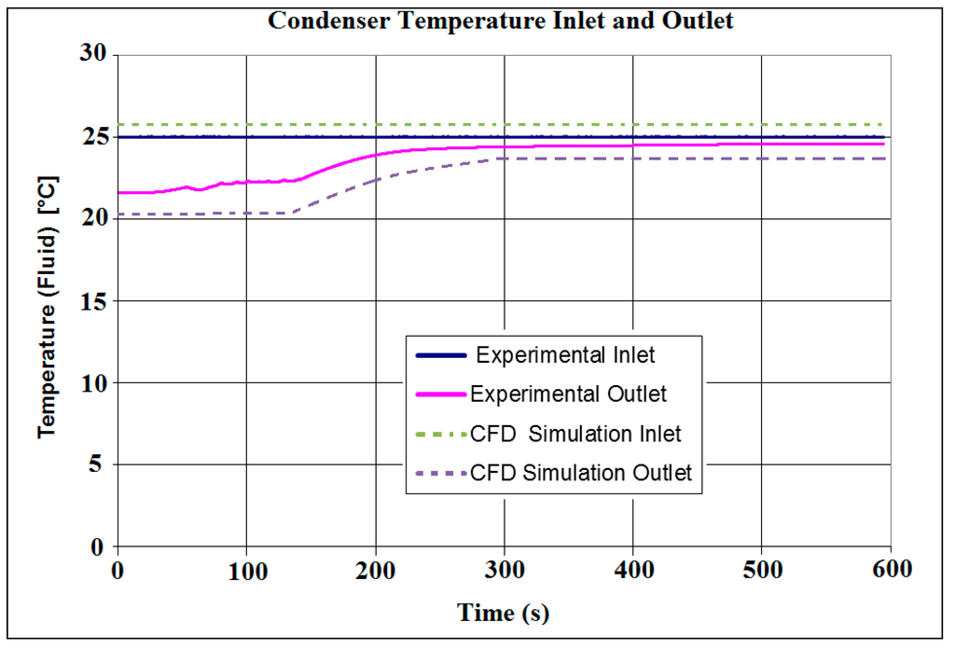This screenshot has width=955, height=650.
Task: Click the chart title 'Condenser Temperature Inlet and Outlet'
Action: coord(501,21)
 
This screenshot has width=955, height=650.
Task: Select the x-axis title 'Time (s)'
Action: coord(503,613)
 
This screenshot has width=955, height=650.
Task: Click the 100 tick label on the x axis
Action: coord(246,569)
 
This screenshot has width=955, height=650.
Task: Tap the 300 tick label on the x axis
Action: coord(505,569)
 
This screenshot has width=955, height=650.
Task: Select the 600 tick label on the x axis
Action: coord(890,569)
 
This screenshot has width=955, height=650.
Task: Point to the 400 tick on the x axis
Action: coord(633,569)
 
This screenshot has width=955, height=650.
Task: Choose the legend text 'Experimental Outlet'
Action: coord(569,394)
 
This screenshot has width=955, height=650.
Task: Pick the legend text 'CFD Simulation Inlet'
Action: coord(576,434)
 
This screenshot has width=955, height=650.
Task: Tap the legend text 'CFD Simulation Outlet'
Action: coord(582,473)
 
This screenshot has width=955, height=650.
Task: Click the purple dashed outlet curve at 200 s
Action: coord(375,179)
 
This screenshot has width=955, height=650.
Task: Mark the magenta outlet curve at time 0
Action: coord(118,192)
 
